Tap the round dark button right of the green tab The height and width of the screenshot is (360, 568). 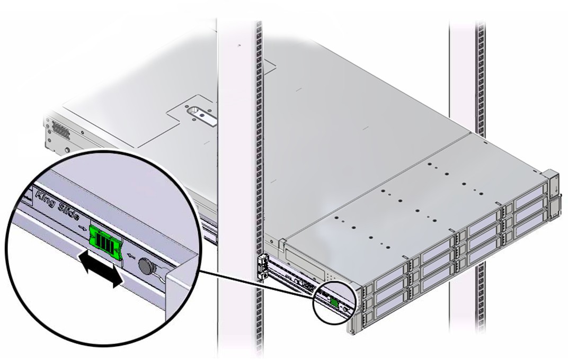click(146, 267)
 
